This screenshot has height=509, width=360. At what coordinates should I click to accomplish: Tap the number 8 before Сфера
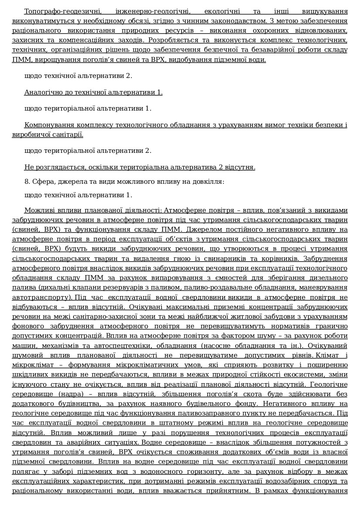pos(27,181)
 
